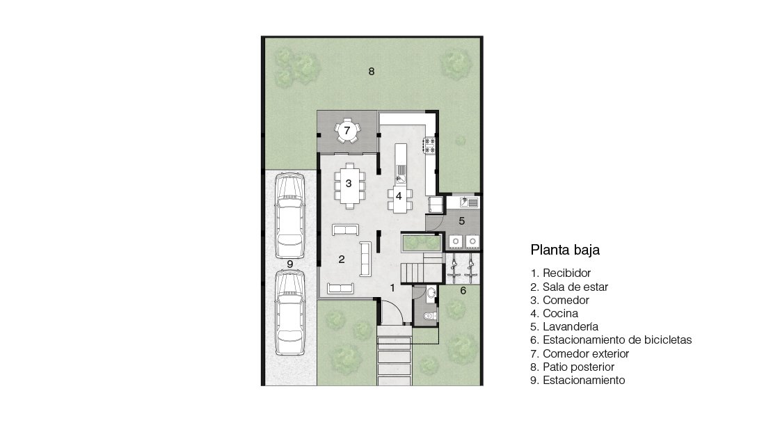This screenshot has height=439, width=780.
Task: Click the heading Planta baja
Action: [x=564, y=250]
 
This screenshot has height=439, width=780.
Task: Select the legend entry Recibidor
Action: [x=560, y=273]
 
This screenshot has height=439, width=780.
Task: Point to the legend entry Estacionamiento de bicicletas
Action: [x=611, y=340]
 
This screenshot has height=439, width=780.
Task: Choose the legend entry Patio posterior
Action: [x=572, y=367]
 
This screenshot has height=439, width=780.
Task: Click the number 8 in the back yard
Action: [x=371, y=72]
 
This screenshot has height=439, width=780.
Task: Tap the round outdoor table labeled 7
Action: [x=347, y=131]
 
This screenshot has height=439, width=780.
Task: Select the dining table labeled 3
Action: [x=349, y=186]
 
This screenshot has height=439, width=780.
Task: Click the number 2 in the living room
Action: [x=341, y=259]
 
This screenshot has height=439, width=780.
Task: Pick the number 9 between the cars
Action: [x=289, y=264]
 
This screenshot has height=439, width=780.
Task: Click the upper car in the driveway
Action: [x=290, y=216]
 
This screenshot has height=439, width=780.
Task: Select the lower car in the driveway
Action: [x=290, y=312]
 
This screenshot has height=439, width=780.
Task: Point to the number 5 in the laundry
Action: [x=461, y=221]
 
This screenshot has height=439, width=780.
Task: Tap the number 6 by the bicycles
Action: [x=463, y=291]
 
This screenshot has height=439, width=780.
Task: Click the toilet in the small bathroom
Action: [x=429, y=315]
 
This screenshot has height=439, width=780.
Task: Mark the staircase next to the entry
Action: [x=422, y=268]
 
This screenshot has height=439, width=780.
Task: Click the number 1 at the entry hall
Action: [x=392, y=288]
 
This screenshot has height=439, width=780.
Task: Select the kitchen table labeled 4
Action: [x=400, y=199]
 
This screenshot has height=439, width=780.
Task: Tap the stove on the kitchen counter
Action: [x=429, y=145]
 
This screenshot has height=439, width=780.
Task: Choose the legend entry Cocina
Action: [x=554, y=313]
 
